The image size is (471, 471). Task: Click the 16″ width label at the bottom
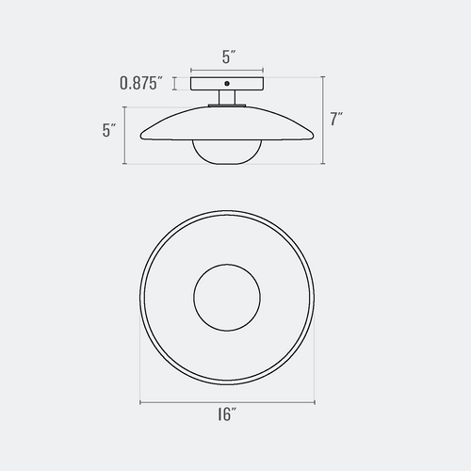pyautogui.click(x=226, y=414)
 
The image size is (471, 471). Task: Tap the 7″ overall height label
pyautogui.click(x=336, y=120)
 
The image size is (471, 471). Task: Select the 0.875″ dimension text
pyautogui.click(x=143, y=83)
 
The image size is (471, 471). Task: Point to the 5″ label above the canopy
pyautogui.click(x=227, y=57)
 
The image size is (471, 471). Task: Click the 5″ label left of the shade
pyautogui.click(x=108, y=131)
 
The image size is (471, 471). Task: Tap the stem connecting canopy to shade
pyautogui.click(x=227, y=99)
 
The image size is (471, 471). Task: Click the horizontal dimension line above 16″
pyautogui.click(x=227, y=402)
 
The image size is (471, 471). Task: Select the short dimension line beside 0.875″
pyautogui.click(x=174, y=84)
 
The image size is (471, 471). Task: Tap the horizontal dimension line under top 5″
pyautogui.click(x=227, y=69)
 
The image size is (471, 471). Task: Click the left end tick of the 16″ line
pyautogui.click(x=140, y=402)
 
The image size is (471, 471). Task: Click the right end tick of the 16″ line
pyautogui.click(x=314, y=402)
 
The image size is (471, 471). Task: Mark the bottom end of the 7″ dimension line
pyautogui.click(x=321, y=164)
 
